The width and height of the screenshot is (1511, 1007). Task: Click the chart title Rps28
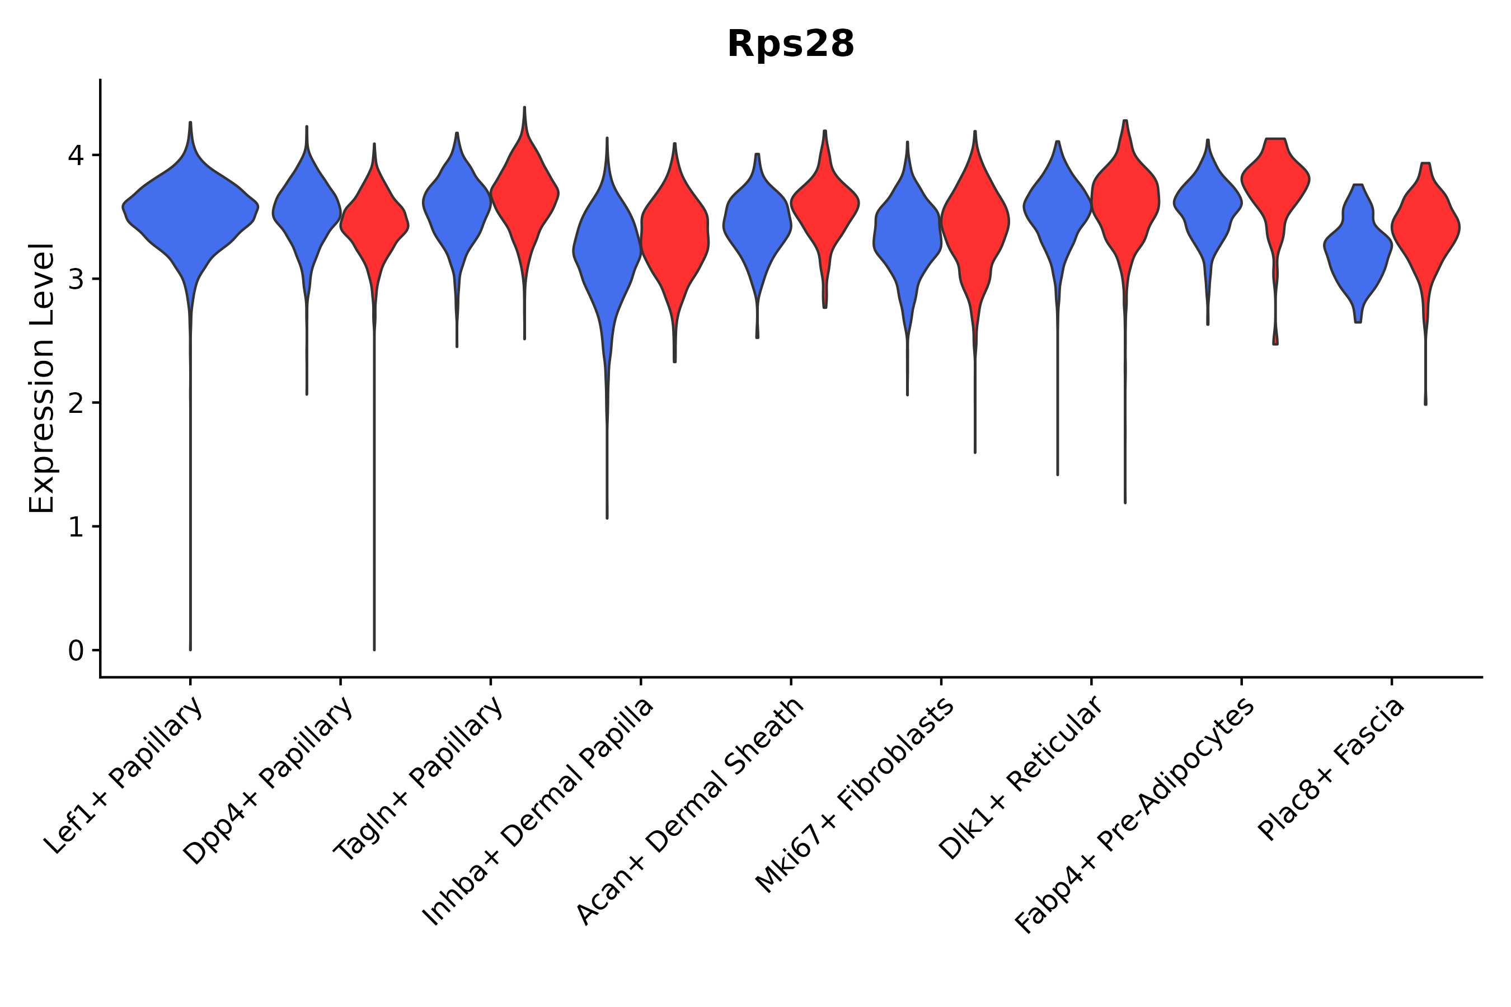[x=790, y=45]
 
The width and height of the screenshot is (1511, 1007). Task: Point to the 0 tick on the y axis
[x=76, y=651]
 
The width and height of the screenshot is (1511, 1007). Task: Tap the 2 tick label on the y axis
[x=76, y=403]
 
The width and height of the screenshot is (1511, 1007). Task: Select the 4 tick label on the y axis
[x=76, y=156]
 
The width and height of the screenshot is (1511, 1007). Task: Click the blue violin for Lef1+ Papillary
[x=190, y=212]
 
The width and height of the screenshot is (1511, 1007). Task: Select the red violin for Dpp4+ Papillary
[x=374, y=225]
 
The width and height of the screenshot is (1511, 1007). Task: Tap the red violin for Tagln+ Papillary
[x=525, y=192]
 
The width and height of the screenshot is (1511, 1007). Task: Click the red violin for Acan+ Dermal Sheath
[x=825, y=205]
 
